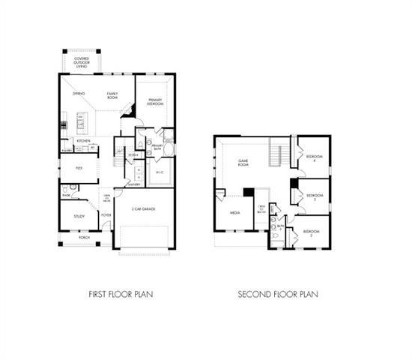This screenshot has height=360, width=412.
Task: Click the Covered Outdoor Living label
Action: (x=80, y=61)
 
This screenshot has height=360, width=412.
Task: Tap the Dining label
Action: (x=78, y=94)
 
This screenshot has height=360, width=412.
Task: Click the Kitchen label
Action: (x=84, y=141)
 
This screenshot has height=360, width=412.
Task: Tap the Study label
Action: (x=79, y=216)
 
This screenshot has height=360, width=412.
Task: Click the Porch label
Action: (x=84, y=237)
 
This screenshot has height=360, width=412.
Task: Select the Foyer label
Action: (x=106, y=215)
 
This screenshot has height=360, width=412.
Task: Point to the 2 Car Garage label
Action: (x=143, y=208)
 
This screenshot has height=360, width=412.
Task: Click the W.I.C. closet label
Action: (x=159, y=173)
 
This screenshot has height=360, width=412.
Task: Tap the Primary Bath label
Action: (x=157, y=147)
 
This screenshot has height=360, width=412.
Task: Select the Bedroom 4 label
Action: (x=313, y=157)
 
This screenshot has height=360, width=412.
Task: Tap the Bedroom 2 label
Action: (x=311, y=233)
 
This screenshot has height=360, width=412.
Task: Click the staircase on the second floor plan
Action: (x=276, y=155)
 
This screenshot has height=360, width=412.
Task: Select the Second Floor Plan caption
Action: (x=278, y=293)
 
